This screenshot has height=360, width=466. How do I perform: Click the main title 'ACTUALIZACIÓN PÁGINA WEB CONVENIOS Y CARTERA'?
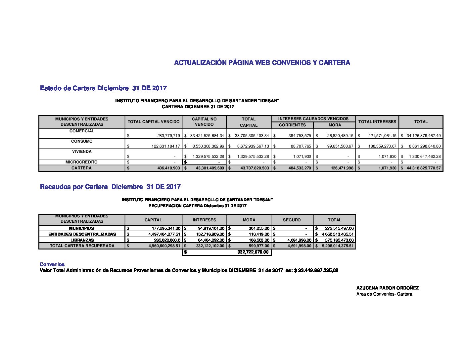coord(262,63)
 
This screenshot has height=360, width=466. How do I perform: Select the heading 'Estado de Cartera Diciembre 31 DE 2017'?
coord(103,88)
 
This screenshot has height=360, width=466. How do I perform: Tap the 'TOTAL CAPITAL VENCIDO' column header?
coord(154,122)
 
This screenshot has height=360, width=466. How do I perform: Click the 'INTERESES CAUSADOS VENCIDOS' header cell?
coord(313,119)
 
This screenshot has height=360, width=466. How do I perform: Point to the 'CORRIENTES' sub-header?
coord(292,125)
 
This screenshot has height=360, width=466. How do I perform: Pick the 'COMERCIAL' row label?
coord(82,131)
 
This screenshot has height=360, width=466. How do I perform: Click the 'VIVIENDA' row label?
coord(82,152)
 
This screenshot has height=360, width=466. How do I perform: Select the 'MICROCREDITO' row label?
coord(81,162)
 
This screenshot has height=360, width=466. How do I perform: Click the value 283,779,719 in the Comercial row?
coord(168,136)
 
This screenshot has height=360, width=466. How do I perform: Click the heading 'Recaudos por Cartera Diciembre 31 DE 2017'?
coord(110,187)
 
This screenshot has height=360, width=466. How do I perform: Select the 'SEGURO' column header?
coord(292,220)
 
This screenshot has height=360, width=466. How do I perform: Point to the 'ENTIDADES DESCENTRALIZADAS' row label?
coord(82,234)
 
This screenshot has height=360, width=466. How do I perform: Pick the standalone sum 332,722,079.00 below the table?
coord(253,252)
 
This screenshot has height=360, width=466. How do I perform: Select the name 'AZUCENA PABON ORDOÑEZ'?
coord(387,288)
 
